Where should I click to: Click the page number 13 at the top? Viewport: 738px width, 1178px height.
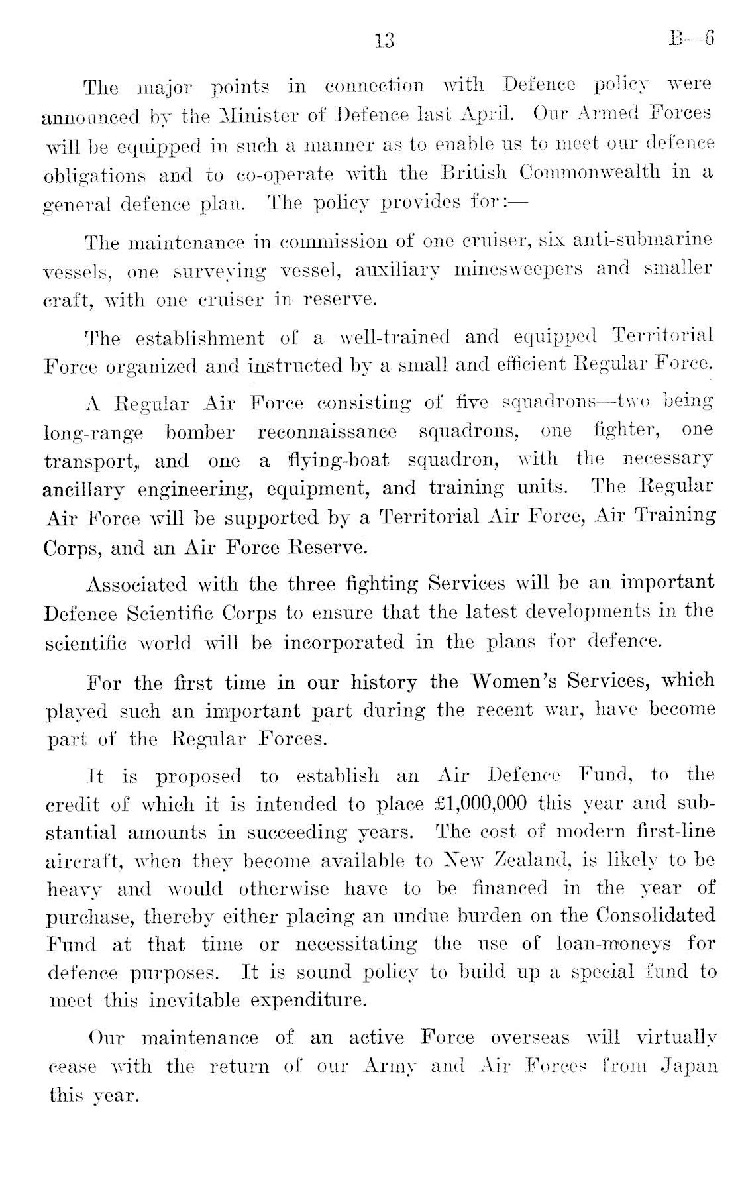383,41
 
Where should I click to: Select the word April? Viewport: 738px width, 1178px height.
489,114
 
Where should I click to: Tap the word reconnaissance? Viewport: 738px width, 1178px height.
327,431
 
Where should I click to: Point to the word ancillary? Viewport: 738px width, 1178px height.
83,490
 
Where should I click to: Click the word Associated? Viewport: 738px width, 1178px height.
137,584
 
